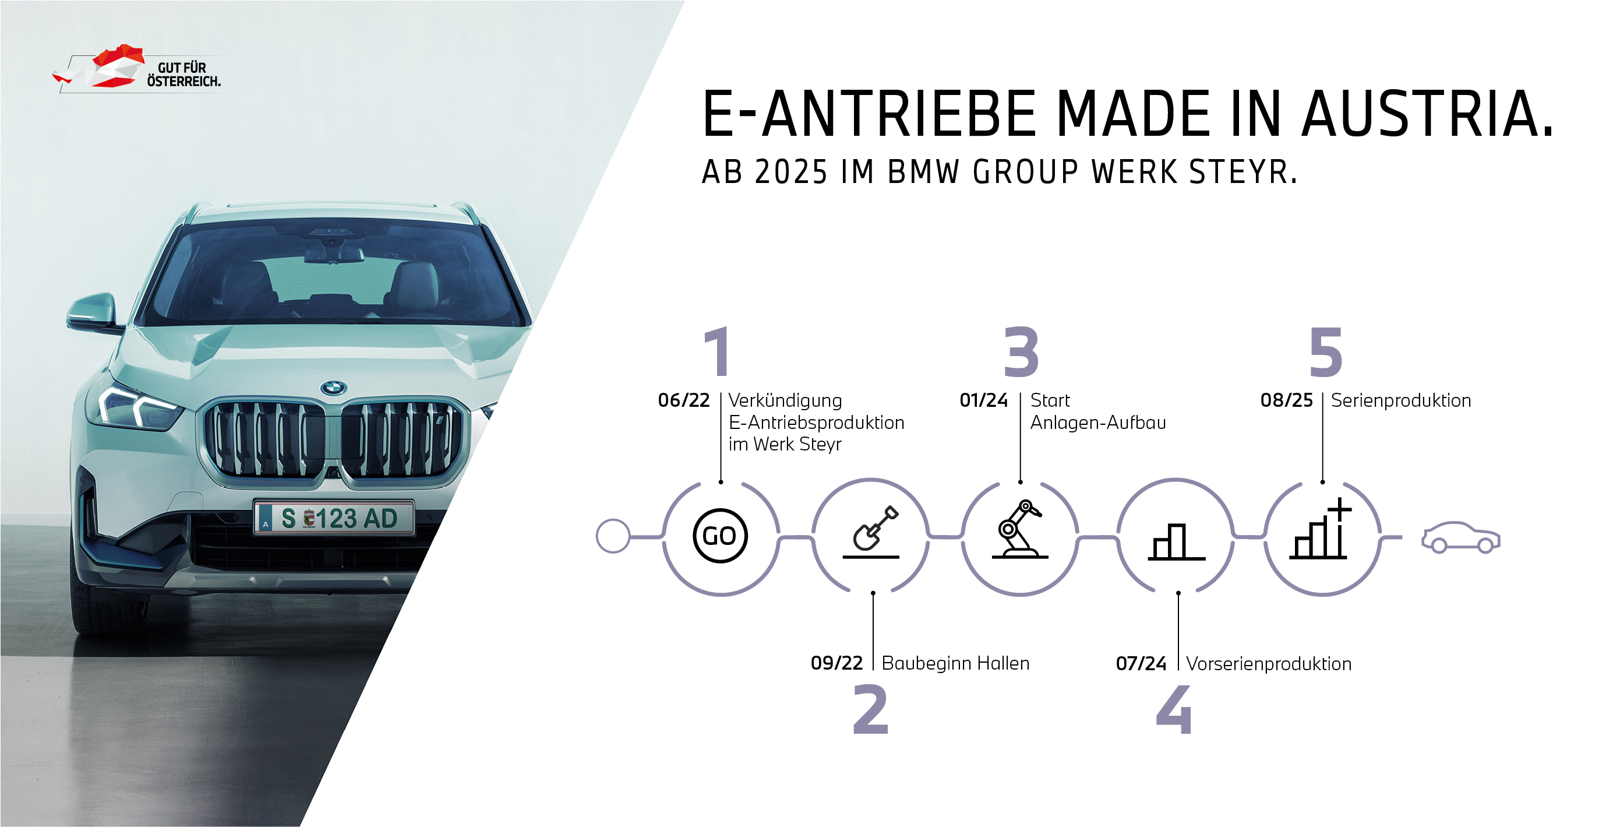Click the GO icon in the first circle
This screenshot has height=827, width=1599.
720,536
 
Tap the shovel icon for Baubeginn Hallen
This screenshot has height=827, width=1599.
871,532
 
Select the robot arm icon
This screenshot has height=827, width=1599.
1020,530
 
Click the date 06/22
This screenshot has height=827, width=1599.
683,400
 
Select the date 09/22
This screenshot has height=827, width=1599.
836,663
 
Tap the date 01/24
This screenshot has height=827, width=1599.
984,400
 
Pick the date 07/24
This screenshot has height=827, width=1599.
1141,664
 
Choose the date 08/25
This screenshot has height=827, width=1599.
1286,400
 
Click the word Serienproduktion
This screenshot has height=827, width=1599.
1401,401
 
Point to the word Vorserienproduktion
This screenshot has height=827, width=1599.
1268,664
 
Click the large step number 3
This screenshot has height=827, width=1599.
1021,351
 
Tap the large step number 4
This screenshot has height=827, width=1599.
1174,710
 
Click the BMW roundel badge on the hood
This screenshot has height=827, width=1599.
333,388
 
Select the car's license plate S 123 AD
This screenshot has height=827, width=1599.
334,518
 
